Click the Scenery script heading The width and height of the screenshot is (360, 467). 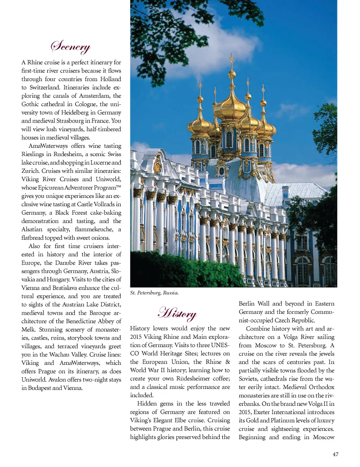pyautogui.click(x=70, y=46)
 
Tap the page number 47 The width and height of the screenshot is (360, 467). pyautogui.click(x=335, y=454)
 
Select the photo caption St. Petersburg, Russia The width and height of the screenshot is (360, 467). pyautogui.click(x=154, y=293)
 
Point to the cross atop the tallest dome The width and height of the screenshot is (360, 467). pyautogui.click(x=232, y=58)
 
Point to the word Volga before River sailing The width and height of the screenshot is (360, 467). pyautogui.click(x=290, y=337)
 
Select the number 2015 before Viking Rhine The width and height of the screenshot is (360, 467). pyautogui.click(x=136, y=337)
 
